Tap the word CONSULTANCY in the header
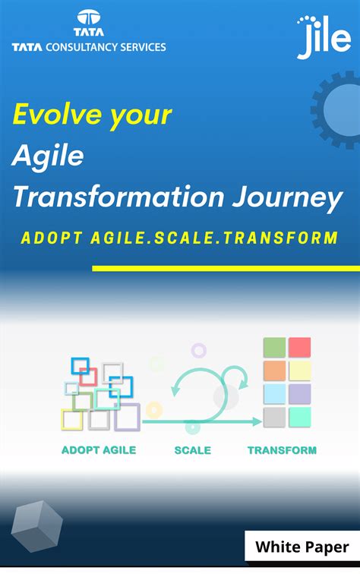81,47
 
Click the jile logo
323,37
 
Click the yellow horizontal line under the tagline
226,268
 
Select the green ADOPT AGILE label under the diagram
99,449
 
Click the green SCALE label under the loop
192,449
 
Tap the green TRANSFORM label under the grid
282,449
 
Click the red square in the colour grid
299,348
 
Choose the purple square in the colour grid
299,393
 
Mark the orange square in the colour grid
274,371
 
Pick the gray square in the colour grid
274,417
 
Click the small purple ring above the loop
199,350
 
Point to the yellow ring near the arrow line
154,410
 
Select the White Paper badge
302,547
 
